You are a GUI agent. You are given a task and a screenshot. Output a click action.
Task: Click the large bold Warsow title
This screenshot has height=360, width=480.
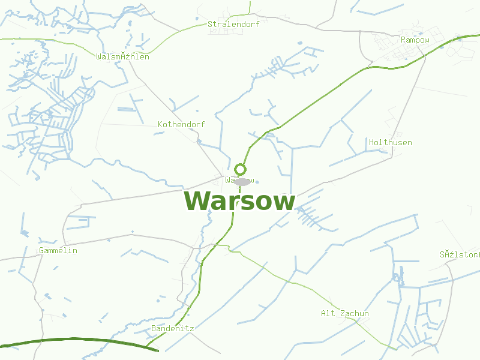coord(239,202)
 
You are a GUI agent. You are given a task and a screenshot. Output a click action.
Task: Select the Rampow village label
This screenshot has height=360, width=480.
coord(415,40)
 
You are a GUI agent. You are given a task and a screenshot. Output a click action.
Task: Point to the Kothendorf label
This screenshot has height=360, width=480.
coord(181,124)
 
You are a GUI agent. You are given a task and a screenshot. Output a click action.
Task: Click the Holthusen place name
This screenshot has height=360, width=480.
coord(391,143)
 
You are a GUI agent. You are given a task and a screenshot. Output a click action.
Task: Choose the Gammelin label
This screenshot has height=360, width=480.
coord(58,250)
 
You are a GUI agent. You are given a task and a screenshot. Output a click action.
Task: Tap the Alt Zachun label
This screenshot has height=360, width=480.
coord(345,314)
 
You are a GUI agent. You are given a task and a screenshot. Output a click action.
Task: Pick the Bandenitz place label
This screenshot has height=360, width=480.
coord(173,329)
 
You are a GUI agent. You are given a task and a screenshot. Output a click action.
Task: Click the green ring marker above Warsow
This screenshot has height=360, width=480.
coord(240,169)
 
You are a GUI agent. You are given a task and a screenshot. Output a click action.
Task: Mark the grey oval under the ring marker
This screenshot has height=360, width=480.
coord(242,181)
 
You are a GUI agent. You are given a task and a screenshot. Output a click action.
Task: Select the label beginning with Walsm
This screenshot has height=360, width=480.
coord(122,57)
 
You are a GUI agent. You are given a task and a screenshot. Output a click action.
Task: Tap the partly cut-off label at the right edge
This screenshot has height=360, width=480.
coord(460,254)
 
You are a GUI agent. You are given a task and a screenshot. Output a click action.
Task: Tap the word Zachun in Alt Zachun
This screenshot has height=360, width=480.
coord(354,314)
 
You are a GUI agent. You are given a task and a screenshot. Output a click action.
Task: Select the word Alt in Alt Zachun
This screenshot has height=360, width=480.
coord(328,314)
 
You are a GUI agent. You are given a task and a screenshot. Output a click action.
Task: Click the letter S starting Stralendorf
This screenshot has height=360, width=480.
coord(210,25)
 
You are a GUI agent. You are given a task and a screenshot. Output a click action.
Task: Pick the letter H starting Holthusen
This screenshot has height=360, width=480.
coord(372,143)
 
